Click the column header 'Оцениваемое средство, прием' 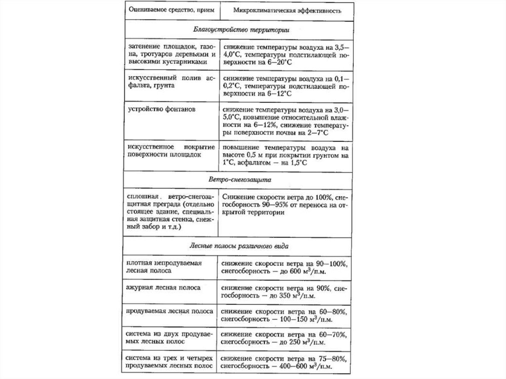pyautogui.click(x=165, y=10)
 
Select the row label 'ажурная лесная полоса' pyautogui.click(x=158, y=287)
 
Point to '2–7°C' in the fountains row pyautogui.click(x=313, y=133)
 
